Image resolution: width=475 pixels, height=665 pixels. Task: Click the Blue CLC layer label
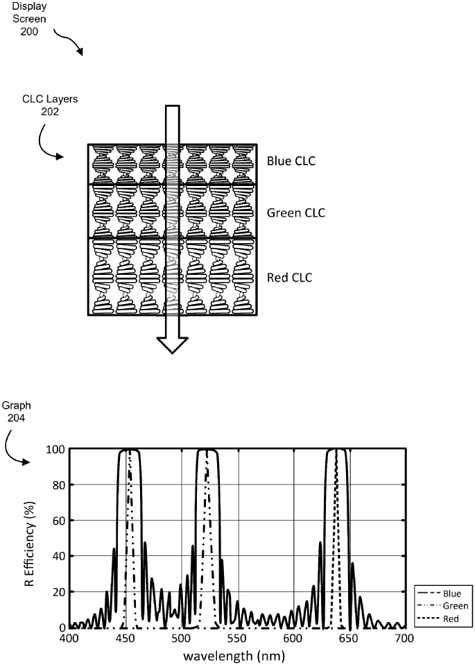tap(291, 162)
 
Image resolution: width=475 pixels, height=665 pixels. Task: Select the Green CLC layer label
tap(296, 212)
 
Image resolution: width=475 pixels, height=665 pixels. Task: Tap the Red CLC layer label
tap(290, 278)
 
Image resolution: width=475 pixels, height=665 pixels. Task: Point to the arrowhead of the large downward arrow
tap(172, 344)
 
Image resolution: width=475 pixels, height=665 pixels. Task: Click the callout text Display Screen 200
tap(28, 19)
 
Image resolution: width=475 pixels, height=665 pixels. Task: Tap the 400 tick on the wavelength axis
tap(69, 637)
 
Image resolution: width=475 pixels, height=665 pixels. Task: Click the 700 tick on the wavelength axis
tap(404, 637)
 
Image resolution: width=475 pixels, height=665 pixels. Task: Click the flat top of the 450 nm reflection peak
tap(130, 451)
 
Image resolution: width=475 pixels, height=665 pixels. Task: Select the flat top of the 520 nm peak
tap(207, 451)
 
